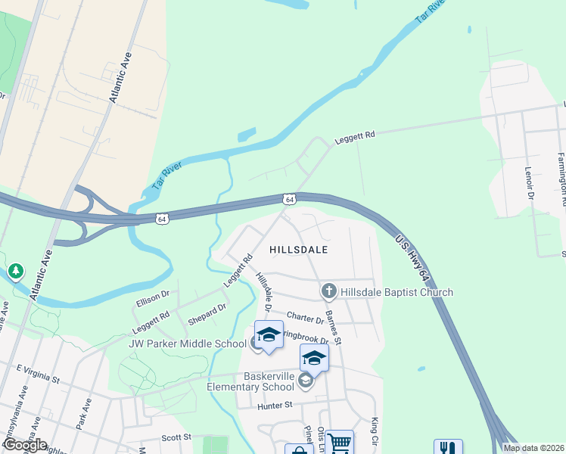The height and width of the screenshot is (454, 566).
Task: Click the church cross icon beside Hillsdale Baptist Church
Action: (x=328, y=291)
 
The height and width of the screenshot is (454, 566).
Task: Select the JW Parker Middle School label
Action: (x=192, y=344)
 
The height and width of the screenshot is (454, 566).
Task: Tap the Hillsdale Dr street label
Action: (x=263, y=294)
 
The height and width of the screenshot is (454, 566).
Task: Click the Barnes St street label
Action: (x=333, y=327)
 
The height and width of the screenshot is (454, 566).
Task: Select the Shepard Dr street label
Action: (x=207, y=313)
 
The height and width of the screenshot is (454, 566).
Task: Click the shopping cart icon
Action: (x=340, y=442)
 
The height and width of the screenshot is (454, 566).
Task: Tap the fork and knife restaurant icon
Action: (x=448, y=448)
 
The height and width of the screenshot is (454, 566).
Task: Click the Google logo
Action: (x=24, y=445)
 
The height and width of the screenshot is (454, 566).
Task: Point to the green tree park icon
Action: (x=15, y=271)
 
